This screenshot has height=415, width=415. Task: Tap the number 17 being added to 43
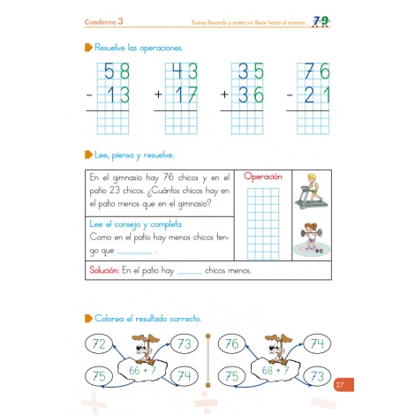[185, 94]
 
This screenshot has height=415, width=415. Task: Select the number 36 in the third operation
[251, 94]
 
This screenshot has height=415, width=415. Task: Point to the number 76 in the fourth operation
[316, 72]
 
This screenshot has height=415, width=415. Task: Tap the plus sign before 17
[159, 94]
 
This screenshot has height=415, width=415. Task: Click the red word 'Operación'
[263, 177]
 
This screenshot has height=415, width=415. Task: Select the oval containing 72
[99, 343]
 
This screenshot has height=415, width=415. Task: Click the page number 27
[341, 383]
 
